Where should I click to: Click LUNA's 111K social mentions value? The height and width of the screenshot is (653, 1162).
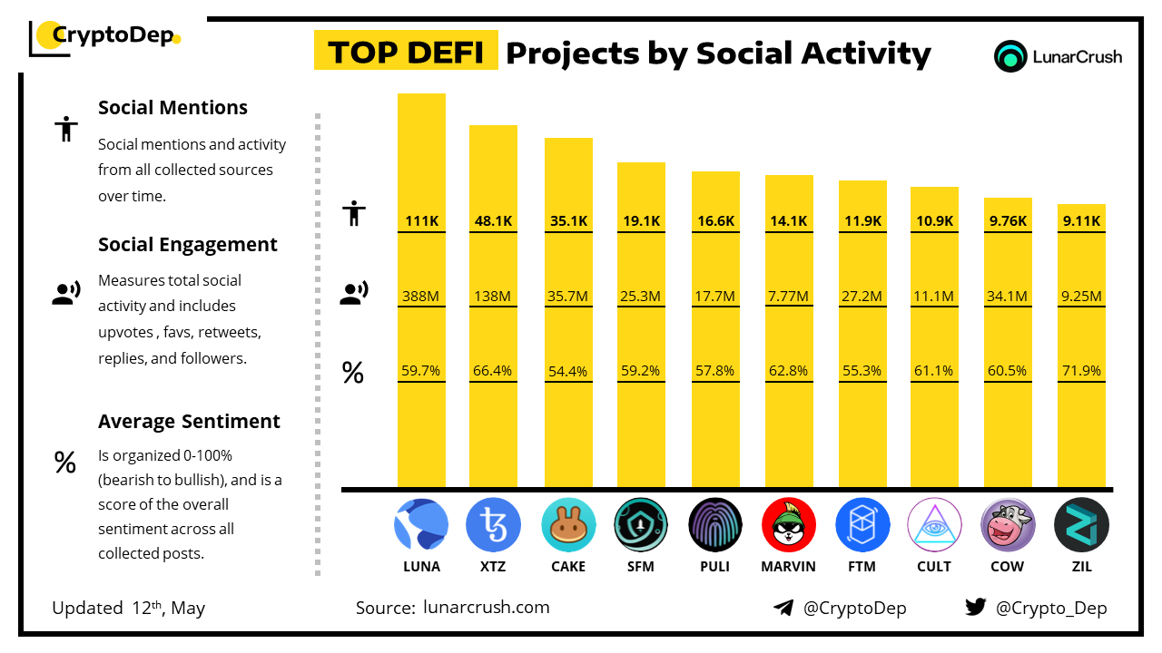click(421, 220)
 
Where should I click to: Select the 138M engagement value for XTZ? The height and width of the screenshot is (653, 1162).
click(493, 296)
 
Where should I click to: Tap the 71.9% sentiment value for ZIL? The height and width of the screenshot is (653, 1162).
click(1081, 371)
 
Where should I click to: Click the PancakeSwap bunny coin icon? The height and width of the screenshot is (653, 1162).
click(568, 525)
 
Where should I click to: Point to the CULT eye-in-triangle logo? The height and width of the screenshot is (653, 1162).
click(934, 525)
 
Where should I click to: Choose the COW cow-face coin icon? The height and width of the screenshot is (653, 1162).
click(1008, 525)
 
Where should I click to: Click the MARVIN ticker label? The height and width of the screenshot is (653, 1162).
click(788, 567)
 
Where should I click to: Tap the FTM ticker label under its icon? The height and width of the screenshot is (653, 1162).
click(862, 567)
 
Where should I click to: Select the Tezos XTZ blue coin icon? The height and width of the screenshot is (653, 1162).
click(493, 525)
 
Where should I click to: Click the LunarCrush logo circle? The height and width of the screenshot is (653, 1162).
click(1009, 56)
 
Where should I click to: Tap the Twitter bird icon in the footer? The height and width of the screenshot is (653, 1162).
click(976, 608)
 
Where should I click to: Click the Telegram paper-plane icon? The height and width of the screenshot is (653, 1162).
click(783, 608)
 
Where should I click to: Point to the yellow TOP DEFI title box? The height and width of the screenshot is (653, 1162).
click(405, 52)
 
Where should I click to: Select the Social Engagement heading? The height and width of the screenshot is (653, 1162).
click(187, 245)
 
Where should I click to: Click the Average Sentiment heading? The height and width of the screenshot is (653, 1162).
click(189, 422)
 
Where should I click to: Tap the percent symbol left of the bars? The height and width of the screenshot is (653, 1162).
click(352, 372)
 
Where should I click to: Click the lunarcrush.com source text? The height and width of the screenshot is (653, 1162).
click(486, 608)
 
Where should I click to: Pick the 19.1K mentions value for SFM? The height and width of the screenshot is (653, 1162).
click(641, 220)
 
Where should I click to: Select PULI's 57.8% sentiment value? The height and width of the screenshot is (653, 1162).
click(715, 371)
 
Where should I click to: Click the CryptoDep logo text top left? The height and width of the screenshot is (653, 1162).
click(112, 35)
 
